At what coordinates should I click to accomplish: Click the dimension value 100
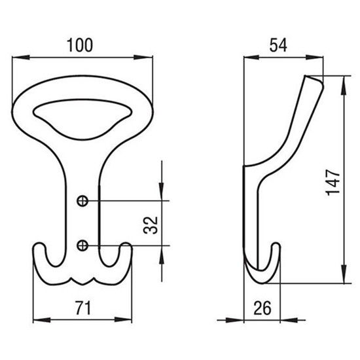click(x=80, y=45)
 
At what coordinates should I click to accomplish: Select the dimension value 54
click(x=278, y=45)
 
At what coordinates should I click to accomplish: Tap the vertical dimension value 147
click(x=333, y=183)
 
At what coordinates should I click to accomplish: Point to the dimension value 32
click(x=151, y=225)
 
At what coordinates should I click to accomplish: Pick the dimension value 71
click(x=83, y=308)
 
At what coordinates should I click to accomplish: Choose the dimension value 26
click(x=262, y=308)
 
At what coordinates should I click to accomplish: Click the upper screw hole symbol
click(x=82, y=201)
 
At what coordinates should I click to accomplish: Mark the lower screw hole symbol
click(x=82, y=245)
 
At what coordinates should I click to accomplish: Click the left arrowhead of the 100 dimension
click(x=21, y=57)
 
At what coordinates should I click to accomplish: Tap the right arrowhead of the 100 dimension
click(x=143, y=57)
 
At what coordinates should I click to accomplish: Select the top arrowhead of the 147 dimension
click(x=344, y=85)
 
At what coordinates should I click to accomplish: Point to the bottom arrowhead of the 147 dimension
click(x=344, y=274)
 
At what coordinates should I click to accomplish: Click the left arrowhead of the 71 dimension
click(x=42, y=319)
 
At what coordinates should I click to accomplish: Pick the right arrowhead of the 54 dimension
click(x=314, y=57)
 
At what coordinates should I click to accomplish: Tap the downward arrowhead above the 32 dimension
click(x=162, y=191)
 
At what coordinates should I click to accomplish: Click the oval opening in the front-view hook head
click(x=82, y=119)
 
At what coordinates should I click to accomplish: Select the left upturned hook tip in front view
click(x=39, y=244)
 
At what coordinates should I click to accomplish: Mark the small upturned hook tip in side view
click(x=276, y=244)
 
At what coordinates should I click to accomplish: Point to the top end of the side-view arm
click(x=314, y=79)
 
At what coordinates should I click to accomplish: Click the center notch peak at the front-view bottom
click(x=83, y=284)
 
